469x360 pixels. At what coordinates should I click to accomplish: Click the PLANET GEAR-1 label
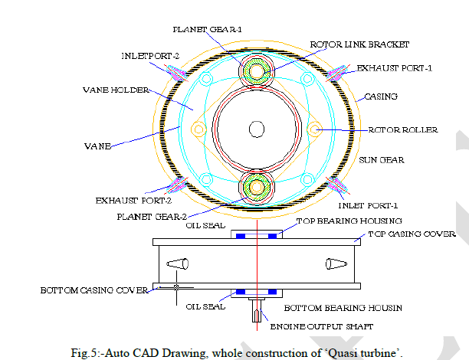coord(207,29)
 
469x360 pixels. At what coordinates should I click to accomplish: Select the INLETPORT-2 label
coord(149,56)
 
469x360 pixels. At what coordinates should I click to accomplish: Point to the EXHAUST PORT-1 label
coord(394,69)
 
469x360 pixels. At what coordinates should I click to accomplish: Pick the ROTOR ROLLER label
coord(403,130)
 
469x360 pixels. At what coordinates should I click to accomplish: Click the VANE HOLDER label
coord(114,90)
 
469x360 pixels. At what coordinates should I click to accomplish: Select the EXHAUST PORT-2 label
coord(133,201)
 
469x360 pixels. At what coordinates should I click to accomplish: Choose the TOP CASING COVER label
coord(412,234)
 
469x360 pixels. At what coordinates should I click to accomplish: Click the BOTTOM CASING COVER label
coord(85,290)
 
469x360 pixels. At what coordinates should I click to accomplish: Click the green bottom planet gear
coord(254,186)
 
